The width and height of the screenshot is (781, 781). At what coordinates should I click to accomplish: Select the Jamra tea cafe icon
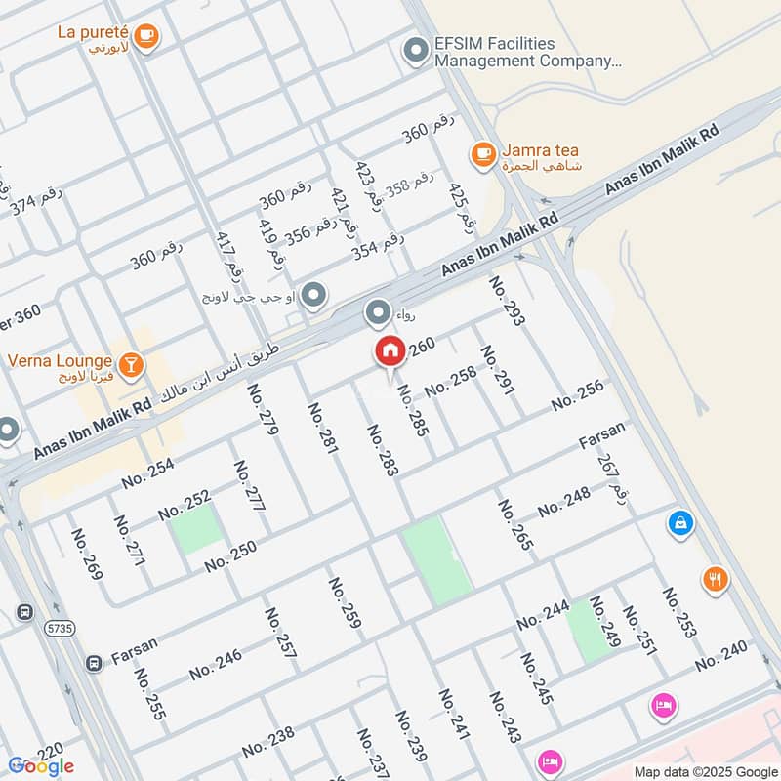pos(482,153)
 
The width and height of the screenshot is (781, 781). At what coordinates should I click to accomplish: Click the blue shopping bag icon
pos(680,523)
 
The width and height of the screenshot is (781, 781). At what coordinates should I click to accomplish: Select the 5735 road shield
pos(61,630)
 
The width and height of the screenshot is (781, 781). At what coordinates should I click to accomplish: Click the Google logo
pos(40,765)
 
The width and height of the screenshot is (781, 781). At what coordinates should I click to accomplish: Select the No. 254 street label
pos(148,473)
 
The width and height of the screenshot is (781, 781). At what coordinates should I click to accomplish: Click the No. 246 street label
pos(216,664)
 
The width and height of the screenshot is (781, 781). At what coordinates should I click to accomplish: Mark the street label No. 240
pos(721,655)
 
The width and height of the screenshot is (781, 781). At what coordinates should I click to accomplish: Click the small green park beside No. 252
pos(196,532)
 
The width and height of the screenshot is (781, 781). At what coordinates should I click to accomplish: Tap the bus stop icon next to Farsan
pos(93,663)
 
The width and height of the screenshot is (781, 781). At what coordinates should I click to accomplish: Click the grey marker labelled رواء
pos(378,313)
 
